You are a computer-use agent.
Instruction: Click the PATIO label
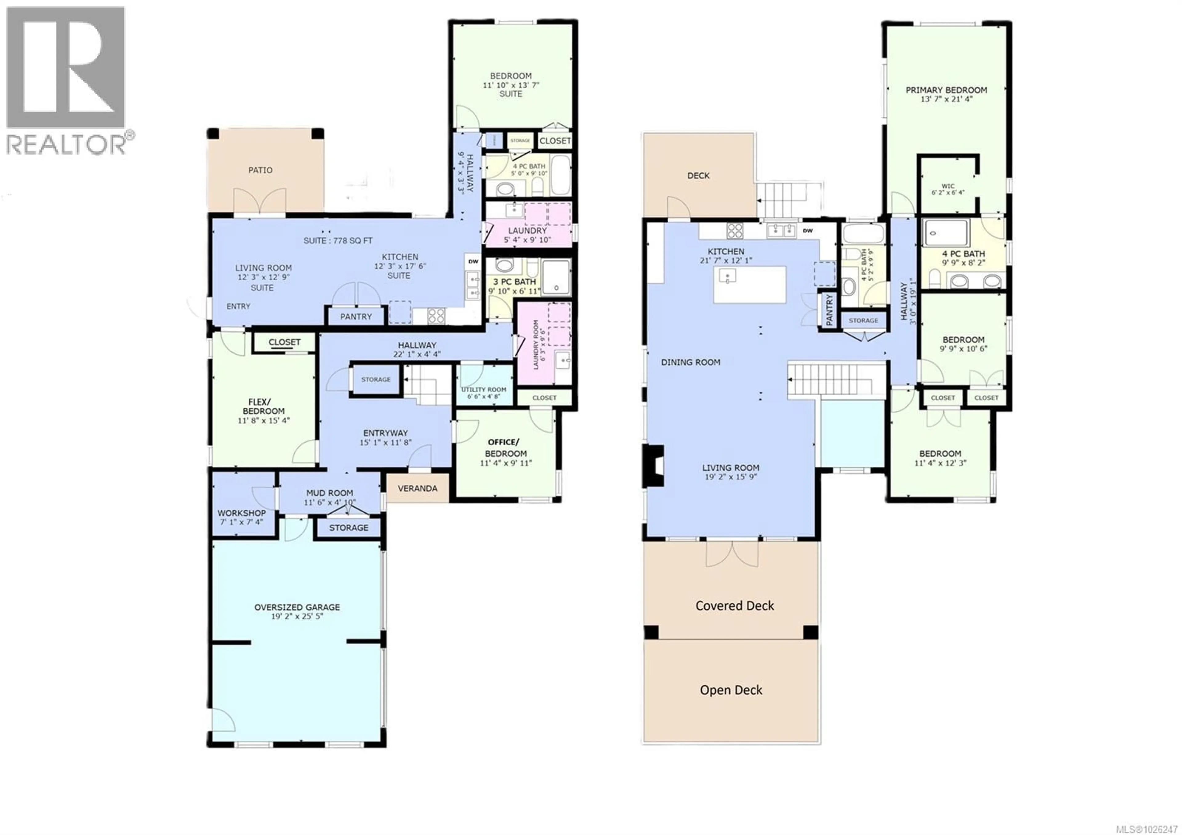coord(260,170)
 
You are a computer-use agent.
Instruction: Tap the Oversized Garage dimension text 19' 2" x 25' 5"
coord(297,616)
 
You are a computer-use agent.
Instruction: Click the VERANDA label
coord(417,488)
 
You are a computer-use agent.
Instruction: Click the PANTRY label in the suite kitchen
coord(356,317)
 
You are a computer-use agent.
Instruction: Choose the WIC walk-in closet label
coord(948,186)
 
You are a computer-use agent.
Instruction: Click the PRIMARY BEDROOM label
coord(946,90)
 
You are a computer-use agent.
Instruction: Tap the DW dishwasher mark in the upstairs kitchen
coord(808,231)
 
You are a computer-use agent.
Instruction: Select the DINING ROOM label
coord(690,362)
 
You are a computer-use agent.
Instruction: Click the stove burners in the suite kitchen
coord(436,315)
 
